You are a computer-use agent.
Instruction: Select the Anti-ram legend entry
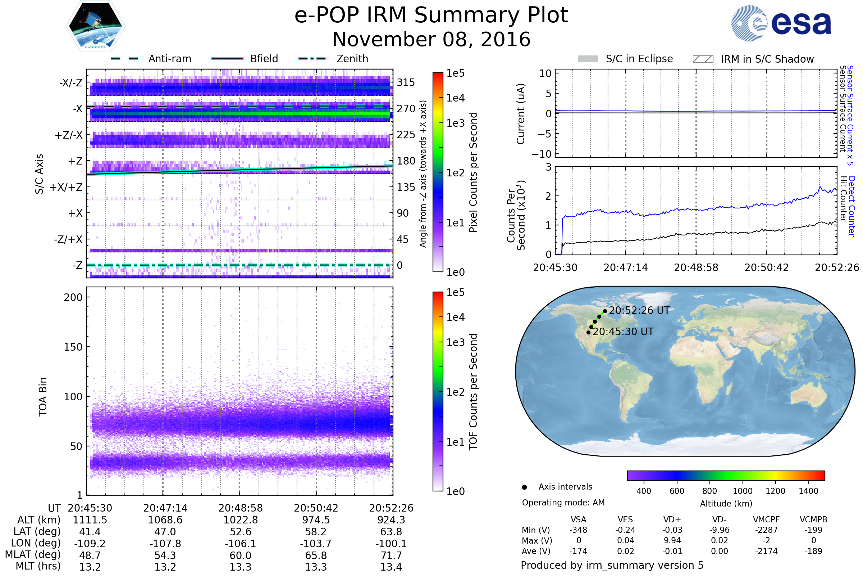pos(169,59)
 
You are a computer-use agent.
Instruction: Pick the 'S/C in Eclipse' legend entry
pos(639,59)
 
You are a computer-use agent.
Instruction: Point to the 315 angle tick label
pos(406,82)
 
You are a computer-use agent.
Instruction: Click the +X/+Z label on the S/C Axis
pos(66,187)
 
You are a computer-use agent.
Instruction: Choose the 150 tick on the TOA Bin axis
pos(73,347)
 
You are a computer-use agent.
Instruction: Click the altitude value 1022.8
pos(240,520)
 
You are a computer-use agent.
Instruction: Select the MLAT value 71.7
pos(391,555)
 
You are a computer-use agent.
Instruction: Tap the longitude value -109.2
pos(90,543)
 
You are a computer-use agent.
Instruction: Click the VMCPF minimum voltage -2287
pos(766,530)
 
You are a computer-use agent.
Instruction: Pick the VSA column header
pos(578,519)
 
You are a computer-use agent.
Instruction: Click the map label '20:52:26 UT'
pos(639,310)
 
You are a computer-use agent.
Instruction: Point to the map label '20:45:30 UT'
pos(623,332)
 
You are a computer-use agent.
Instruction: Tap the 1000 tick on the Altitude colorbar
pos(743,491)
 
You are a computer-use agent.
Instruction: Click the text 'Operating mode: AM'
pos(563,503)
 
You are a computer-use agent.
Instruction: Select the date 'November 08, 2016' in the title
pos(431,39)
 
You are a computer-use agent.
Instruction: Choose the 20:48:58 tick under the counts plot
pos(696,267)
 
